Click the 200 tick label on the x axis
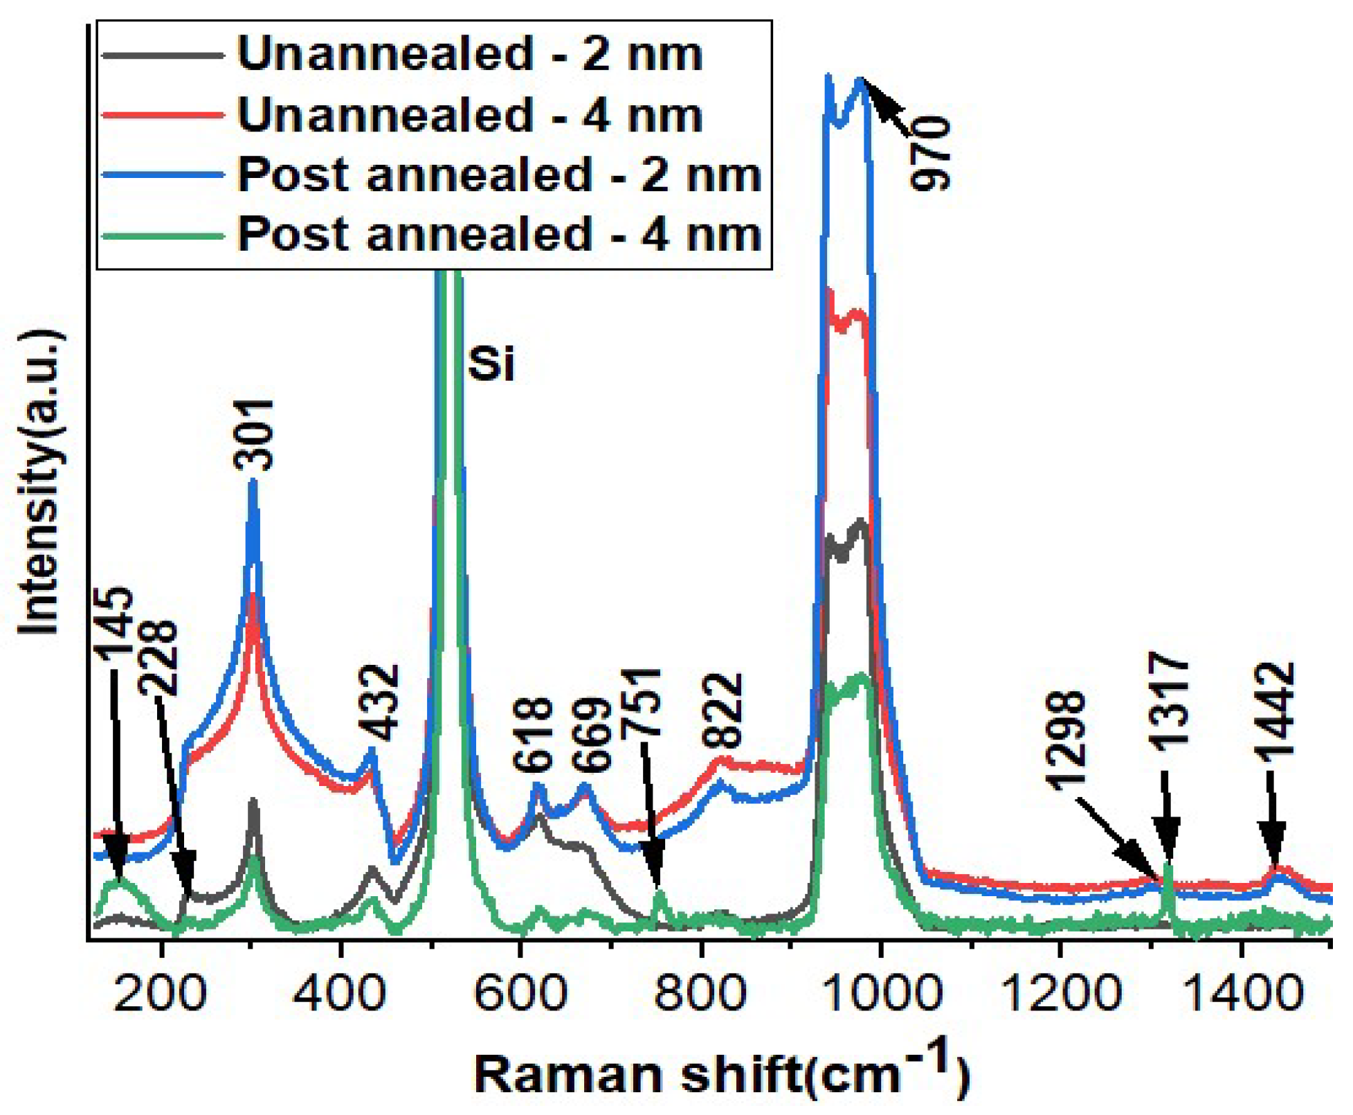[160, 992]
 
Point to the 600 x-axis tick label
[520, 992]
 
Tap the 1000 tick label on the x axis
[880, 992]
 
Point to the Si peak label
[491, 364]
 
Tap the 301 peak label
[254, 436]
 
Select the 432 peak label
[379, 702]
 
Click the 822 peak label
[723, 710]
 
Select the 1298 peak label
[1064, 740]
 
